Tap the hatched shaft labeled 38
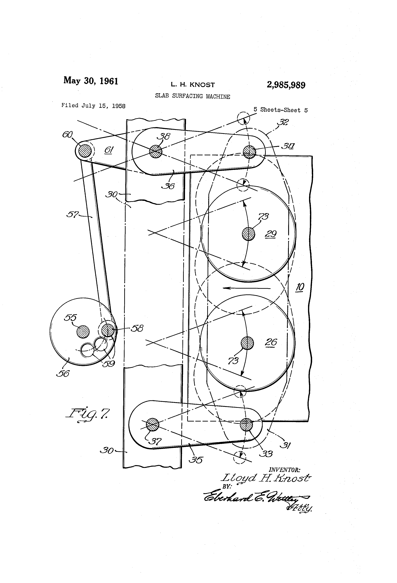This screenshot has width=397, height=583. point(156,151)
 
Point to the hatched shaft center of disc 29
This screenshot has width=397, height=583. point(248,234)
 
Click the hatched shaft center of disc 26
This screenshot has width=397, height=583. point(247,343)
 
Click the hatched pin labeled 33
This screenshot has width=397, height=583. point(246,424)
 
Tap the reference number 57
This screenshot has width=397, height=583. point(72,215)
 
